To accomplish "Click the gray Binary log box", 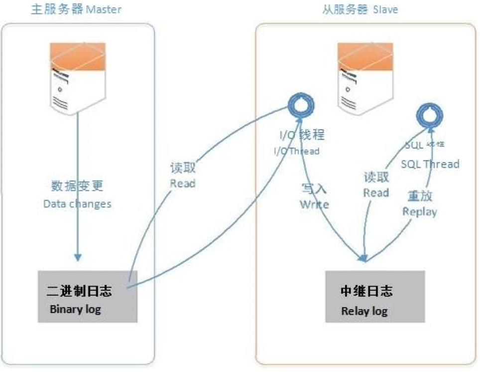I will (88, 297).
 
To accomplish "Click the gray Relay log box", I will (375, 297).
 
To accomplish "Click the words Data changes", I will (77, 204).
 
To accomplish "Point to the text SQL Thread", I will (430, 164).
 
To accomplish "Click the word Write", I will (314, 204).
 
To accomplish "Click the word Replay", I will (419, 211).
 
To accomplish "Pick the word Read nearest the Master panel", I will (183, 184).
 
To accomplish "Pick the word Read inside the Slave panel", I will (376, 192).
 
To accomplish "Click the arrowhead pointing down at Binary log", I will (77, 257).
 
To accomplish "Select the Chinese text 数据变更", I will (77, 186).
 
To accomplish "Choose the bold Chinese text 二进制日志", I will (80, 291).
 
